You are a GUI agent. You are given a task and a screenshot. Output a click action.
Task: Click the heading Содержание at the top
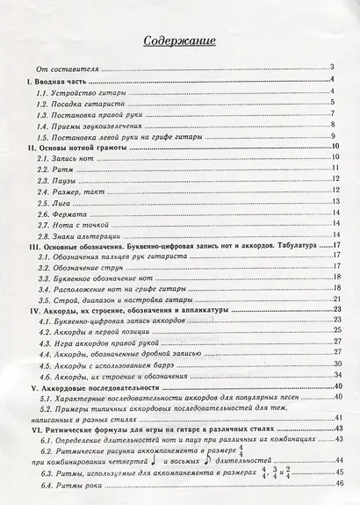[x=179, y=40]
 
